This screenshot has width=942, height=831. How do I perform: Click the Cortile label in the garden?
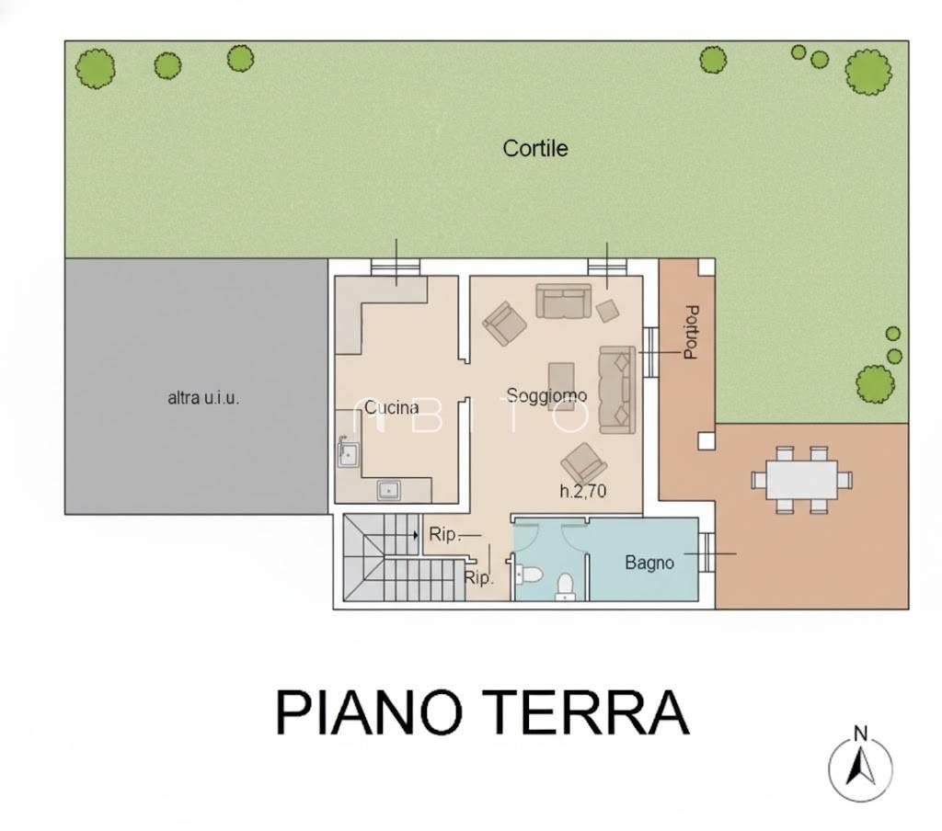tap(534, 148)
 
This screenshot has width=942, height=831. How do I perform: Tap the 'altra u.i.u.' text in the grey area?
tap(203, 398)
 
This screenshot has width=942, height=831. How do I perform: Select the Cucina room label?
tap(392, 406)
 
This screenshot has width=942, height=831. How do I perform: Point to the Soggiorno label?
tap(546, 395)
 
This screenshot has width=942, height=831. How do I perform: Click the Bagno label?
tap(649, 563)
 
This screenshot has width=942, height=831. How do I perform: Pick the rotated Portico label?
tap(691, 332)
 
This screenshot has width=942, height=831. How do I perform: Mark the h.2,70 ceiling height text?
tap(583, 492)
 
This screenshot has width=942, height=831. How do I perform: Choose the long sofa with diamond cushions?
tap(616, 389)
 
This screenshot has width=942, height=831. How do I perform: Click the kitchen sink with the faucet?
tap(349, 452)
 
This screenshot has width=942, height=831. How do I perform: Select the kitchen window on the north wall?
tap(396, 266)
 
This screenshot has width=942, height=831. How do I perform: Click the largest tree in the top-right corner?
tap(867, 71)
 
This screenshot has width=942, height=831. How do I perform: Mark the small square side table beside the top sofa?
tap(607, 311)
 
